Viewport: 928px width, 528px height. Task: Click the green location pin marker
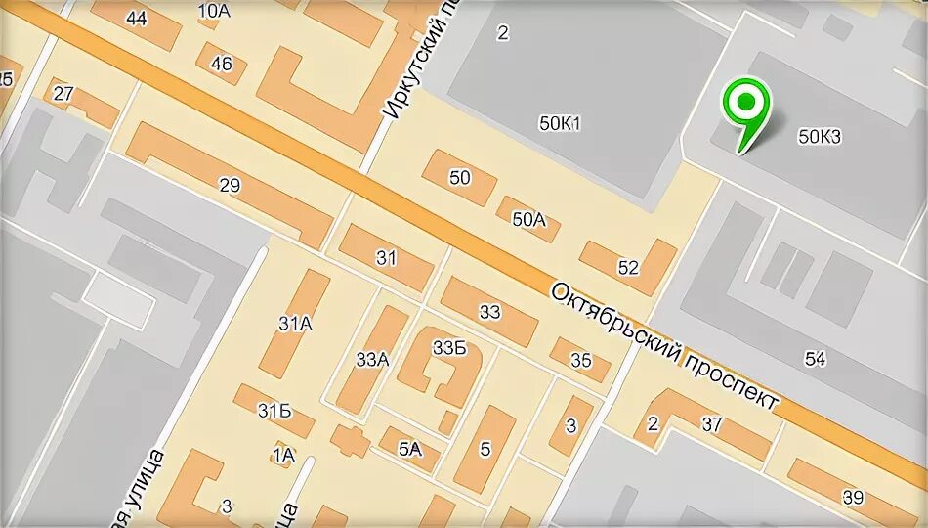[x=745, y=106]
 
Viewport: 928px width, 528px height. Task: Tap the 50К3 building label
[x=819, y=137]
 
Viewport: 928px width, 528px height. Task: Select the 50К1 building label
[x=560, y=123]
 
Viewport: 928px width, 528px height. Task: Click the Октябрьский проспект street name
[x=664, y=346]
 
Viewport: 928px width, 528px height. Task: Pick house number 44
[x=137, y=19]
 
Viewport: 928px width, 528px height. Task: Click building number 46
[x=222, y=65]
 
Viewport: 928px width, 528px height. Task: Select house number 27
[x=63, y=94]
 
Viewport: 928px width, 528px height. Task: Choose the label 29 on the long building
[x=230, y=186]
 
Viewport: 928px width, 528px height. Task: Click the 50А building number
[x=528, y=220]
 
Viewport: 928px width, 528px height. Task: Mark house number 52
[x=628, y=267]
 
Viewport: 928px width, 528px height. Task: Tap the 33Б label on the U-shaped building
[x=450, y=348]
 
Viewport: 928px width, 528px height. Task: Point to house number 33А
[x=372, y=360]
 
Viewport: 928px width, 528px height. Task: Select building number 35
[x=581, y=361]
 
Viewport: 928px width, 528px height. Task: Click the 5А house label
[x=409, y=449]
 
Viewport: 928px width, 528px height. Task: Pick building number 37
[x=711, y=424]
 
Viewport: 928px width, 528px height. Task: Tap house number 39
[x=853, y=497]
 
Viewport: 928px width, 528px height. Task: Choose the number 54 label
[x=815, y=359]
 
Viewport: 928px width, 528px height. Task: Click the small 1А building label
[x=283, y=454]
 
